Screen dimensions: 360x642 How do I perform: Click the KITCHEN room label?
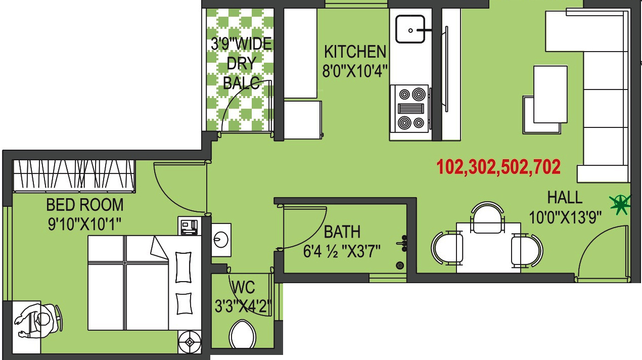pyautogui.click(x=355, y=52)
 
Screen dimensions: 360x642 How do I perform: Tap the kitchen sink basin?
pyautogui.click(x=410, y=29)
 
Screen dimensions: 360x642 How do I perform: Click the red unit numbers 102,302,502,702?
pyautogui.click(x=498, y=167)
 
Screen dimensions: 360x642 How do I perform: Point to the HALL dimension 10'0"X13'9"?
pyautogui.click(x=565, y=218)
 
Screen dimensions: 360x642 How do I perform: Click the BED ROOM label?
pyautogui.click(x=85, y=205)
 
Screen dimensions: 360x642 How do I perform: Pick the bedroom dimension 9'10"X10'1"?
pyautogui.click(x=85, y=223)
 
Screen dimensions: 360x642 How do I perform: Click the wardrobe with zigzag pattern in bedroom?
pyautogui.click(x=74, y=175)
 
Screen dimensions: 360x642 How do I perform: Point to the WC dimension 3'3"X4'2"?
pyautogui.click(x=243, y=306)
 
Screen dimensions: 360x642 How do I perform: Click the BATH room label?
pyautogui.click(x=342, y=232)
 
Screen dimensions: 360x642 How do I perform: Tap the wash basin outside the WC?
pyautogui.click(x=221, y=237)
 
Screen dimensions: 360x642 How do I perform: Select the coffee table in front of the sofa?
pyautogui.click(x=549, y=94)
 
